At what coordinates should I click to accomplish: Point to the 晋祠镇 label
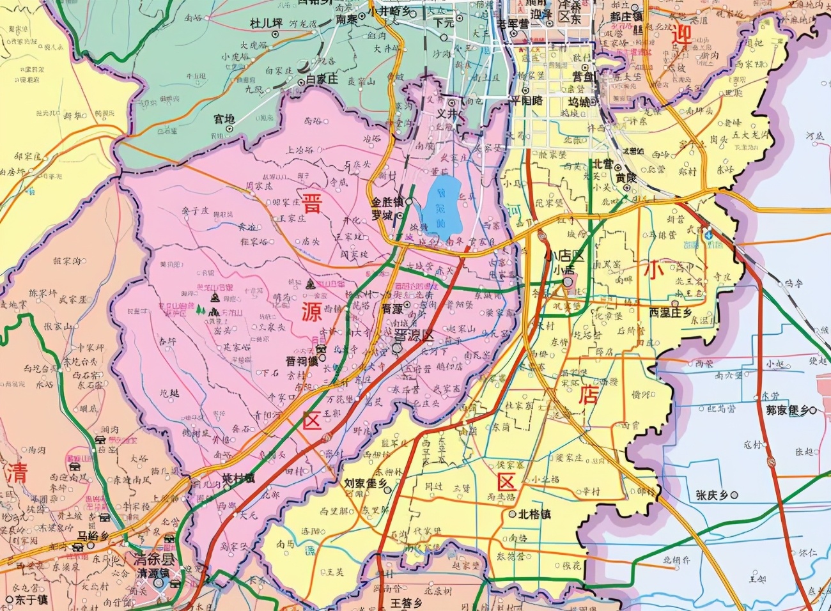click(x=302, y=360)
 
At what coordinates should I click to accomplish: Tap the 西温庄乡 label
click(x=670, y=313)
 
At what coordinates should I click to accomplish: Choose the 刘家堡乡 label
click(x=366, y=484)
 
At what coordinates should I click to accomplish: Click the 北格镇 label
click(x=534, y=513)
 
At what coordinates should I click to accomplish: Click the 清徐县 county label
click(x=155, y=558)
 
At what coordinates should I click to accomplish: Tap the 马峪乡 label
click(x=91, y=536)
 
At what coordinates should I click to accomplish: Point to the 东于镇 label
click(x=32, y=600)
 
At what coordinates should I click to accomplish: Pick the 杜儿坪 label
click(x=266, y=24)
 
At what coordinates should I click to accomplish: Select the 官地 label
click(x=224, y=119)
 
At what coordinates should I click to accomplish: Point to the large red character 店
click(x=588, y=394)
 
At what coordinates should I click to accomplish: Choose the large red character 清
click(x=18, y=474)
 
